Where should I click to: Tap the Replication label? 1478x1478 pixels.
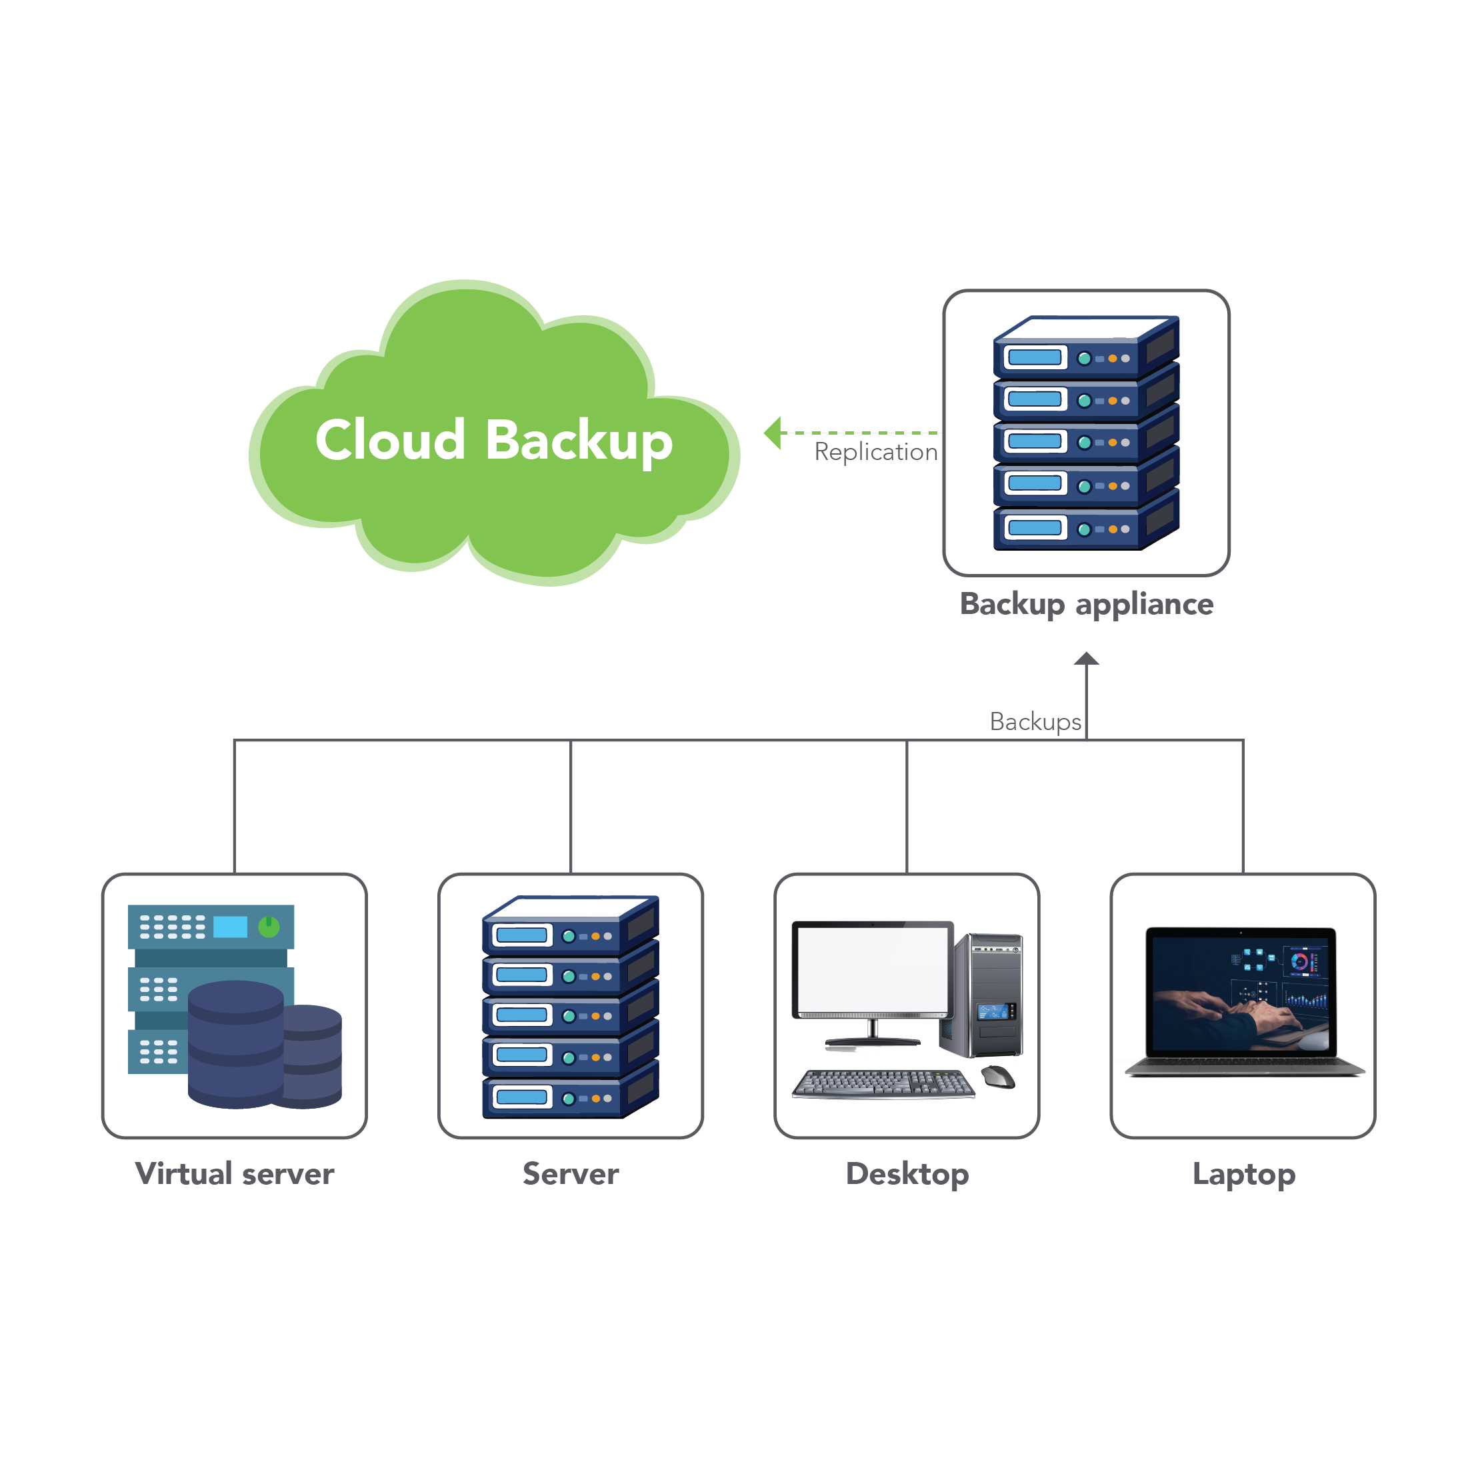[x=875, y=451]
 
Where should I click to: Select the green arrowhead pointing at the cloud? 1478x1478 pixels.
[x=773, y=433]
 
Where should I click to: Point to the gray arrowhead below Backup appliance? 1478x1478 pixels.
[x=1086, y=659]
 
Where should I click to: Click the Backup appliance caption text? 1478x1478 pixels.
[x=1086, y=605]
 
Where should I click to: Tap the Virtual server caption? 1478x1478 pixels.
[x=234, y=1173]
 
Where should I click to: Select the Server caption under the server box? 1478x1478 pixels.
[x=571, y=1173]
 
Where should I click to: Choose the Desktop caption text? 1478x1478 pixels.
[x=907, y=1173]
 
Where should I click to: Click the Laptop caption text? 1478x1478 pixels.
[x=1244, y=1174]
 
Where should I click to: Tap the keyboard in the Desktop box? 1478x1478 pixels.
[x=883, y=1083]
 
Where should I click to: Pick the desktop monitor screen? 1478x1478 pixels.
[x=872, y=969]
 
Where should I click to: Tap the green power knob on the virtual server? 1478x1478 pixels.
[x=269, y=927]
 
